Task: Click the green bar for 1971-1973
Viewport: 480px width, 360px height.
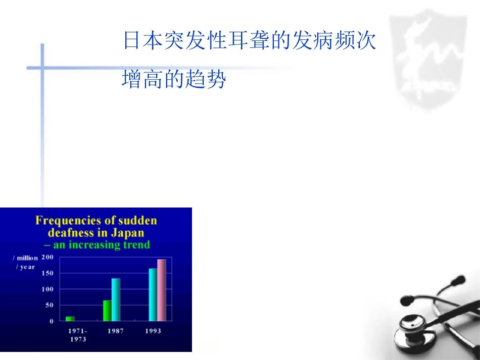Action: click(x=70, y=319)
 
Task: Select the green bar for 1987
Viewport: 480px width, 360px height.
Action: click(x=107, y=311)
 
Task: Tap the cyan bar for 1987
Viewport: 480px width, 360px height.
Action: click(x=116, y=299)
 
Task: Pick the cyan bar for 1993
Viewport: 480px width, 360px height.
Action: click(x=153, y=294)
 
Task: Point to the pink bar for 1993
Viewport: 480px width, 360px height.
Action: click(x=161, y=290)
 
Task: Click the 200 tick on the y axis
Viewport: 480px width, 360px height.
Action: click(x=47, y=257)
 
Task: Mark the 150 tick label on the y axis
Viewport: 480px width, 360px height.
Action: click(x=47, y=273)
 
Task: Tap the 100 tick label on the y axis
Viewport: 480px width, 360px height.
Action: click(x=47, y=289)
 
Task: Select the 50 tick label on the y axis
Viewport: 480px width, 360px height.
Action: click(x=49, y=305)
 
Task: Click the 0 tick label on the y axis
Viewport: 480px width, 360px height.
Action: click(x=51, y=321)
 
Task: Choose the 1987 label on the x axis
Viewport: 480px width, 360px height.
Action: click(x=115, y=331)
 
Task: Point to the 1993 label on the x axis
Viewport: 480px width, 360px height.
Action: click(x=153, y=331)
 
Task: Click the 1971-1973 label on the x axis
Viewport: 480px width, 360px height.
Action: click(x=77, y=335)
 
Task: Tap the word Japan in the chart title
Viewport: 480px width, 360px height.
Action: click(x=127, y=233)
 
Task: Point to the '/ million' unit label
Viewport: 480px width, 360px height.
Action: click(x=25, y=258)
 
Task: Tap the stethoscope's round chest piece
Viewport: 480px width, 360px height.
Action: click(x=416, y=326)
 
